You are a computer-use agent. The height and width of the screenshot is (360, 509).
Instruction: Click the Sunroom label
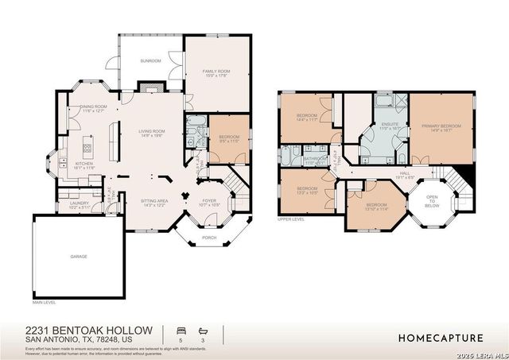(x=151, y=60)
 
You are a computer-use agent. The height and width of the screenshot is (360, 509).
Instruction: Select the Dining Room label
(x=94, y=108)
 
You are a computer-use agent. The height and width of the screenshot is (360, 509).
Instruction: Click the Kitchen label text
(x=84, y=165)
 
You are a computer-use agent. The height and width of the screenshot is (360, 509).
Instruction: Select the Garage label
(x=78, y=257)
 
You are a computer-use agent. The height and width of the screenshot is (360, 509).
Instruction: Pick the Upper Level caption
(x=291, y=220)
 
